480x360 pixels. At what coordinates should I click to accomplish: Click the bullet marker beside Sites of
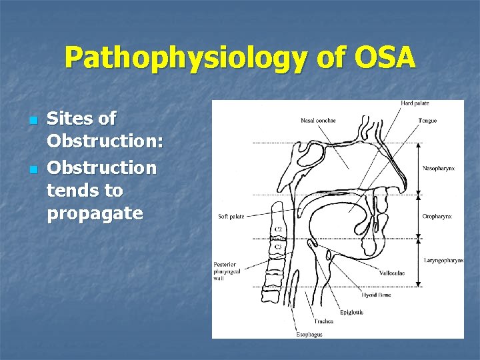(x=33, y=121)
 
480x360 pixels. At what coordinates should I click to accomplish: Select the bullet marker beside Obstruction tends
(x=33, y=168)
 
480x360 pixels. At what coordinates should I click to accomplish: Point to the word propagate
(x=95, y=214)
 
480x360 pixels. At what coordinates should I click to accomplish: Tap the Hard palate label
(x=415, y=103)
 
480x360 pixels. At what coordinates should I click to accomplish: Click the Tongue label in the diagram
(x=427, y=121)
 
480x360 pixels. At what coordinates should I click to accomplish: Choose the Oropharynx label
(x=437, y=216)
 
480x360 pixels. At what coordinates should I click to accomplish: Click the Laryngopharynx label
(x=443, y=260)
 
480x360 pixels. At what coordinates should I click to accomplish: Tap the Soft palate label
(x=231, y=217)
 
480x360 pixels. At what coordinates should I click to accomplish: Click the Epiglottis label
(x=351, y=312)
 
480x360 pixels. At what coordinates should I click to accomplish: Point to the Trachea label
(x=325, y=321)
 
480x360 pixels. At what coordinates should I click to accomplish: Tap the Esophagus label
(x=309, y=334)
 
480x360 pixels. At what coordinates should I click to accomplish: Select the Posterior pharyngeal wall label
(x=227, y=270)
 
